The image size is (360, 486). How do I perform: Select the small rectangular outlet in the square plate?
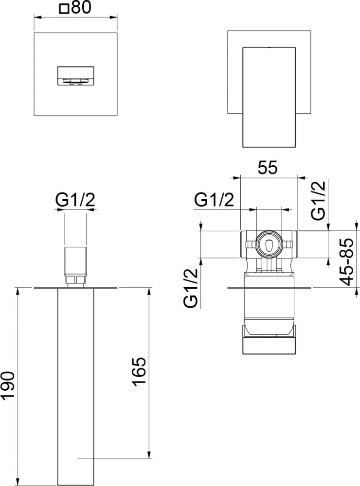click(x=75, y=75)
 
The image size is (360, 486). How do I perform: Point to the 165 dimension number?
click(x=138, y=372)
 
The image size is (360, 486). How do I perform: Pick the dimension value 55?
click(x=267, y=168)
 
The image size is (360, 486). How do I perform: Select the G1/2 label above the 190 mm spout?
click(x=75, y=200)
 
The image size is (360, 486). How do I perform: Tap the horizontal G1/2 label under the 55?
click(x=214, y=199)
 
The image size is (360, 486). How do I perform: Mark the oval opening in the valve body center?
click(x=268, y=245)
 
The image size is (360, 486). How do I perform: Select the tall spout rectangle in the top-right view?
click(x=269, y=97)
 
